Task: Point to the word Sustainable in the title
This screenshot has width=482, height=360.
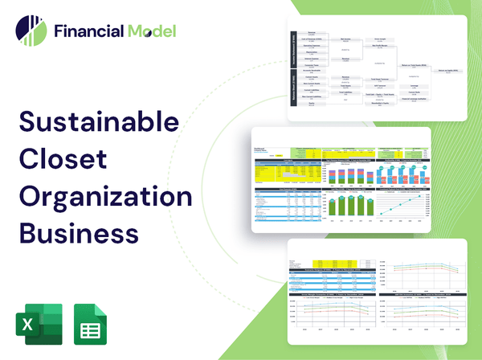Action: point(99,123)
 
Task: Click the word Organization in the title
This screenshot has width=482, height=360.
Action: point(105,198)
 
